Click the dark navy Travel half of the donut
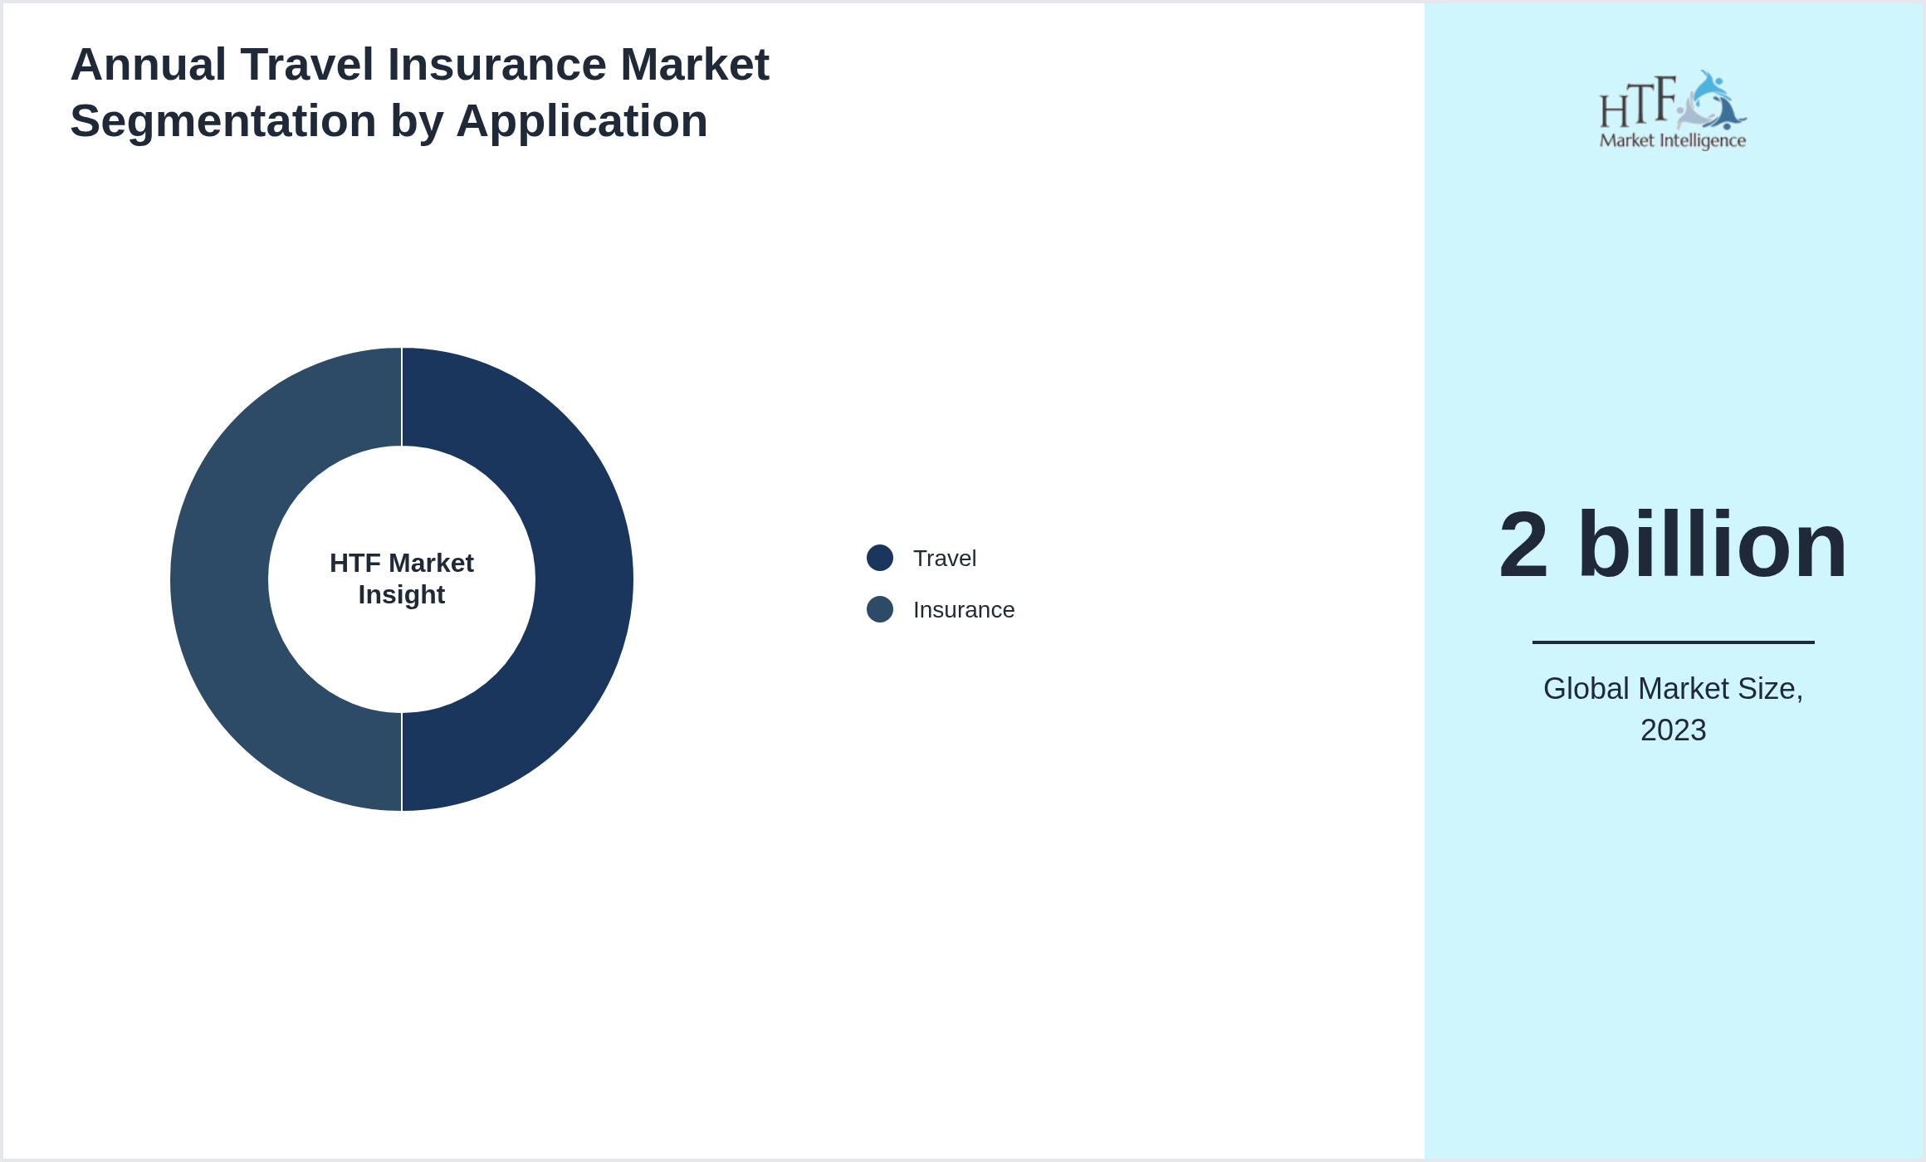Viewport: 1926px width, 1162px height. coord(581,581)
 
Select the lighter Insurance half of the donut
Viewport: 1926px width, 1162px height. coord(220,581)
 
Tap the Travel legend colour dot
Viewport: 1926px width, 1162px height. coord(879,558)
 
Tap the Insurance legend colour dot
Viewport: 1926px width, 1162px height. coord(879,609)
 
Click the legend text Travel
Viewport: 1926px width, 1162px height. coord(944,559)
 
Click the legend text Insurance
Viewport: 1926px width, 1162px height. coord(963,610)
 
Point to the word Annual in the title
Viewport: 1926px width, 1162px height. coord(148,65)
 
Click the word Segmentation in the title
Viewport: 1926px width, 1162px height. coord(222,121)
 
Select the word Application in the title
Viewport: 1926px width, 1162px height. coord(581,121)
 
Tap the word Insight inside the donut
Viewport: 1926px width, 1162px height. coord(402,595)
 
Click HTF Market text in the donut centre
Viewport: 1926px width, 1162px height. coord(402,564)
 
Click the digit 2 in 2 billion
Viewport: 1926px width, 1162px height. coord(1523,546)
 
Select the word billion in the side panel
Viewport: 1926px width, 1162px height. coord(1712,546)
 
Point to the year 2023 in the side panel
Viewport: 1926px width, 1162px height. coord(1673,730)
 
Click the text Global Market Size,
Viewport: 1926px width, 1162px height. coord(1673,689)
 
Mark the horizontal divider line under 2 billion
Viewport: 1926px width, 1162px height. coord(1673,642)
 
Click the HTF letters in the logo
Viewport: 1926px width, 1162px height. coord(1637,104)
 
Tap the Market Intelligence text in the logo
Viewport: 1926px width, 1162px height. coord(1672,140)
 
